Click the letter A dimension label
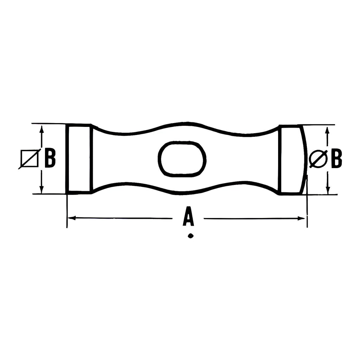[x=188, y=216]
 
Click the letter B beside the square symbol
[x=50, y=158]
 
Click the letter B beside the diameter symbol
[x=336, y=159]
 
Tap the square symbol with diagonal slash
[x=30, y=159]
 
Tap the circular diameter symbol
[x=318, y=159]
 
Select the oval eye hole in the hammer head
[x=182, y=159]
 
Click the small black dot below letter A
[x=190, y=236]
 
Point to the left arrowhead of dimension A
[x=72, y=217]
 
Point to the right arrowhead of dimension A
[x=301, y=218]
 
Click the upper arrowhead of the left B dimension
[x=41, y=130]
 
